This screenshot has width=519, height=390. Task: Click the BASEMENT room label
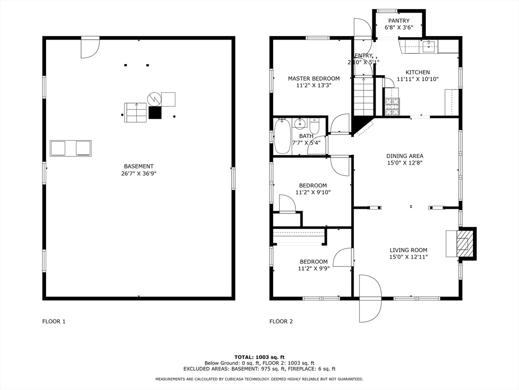tap(138, 166)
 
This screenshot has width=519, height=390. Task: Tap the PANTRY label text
tap(399, 21)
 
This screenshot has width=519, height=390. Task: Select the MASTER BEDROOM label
tap(314, 78)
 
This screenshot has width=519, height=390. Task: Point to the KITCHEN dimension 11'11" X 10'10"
tap(417, 79)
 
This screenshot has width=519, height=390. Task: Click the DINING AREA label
tap(404, 156)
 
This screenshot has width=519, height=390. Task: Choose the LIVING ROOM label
tap(408, 250)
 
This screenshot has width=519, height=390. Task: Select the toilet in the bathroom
tap(314, 125)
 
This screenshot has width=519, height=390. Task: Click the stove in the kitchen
tap(392, 106)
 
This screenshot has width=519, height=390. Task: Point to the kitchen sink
tap(429, 47)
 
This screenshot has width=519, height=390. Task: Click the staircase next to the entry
tap(363, 96)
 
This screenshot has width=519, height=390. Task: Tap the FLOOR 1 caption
tap(53, 321)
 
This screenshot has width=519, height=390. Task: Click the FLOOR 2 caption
tap(281, 321)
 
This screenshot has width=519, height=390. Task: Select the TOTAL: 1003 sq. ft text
tap(259, 357)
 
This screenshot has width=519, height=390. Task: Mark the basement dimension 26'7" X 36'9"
tap(138, 174)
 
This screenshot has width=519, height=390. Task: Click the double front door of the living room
tap(369, 299)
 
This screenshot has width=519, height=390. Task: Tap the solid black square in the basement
tap(155, 113)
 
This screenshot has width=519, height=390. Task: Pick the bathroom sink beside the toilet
tap(301, 123)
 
